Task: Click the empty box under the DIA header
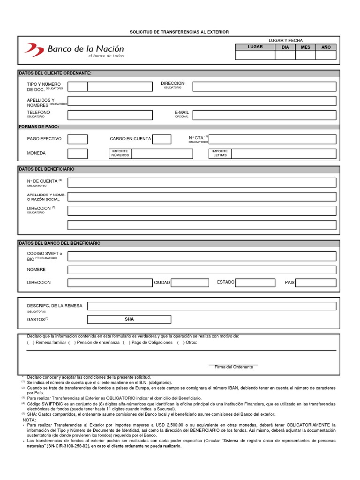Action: (x=285, y=55)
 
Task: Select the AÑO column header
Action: (x=326, y=47)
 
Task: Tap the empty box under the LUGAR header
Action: (x=255, y=55)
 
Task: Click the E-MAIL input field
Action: (x=264, y=115)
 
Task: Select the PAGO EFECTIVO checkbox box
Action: (x=77, y=139)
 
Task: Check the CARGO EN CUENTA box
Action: (x=162, y=139)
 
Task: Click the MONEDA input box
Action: (x=77, y=154)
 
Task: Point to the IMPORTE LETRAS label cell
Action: (x=220, y=154)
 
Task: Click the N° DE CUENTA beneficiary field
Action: (x=202, y=182)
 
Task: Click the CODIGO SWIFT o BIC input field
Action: (x=202, y=256)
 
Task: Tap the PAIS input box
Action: (x=316, y=283)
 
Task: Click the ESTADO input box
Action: (x=255, y=283)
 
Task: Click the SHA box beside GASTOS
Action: (x=129, y=319)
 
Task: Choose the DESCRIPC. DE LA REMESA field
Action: (x=211, y=306)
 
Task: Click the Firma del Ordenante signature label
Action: (x=233, y=367)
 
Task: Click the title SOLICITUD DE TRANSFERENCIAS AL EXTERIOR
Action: (x=179, y=32)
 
